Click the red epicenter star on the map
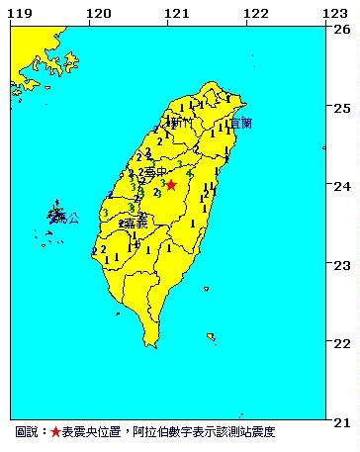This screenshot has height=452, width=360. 170,185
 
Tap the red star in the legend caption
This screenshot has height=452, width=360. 55,433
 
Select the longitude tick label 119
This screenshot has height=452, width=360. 19,13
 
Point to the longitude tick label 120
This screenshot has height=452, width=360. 98,13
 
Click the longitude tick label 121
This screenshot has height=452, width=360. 177,13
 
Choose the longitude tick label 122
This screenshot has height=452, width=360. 255,13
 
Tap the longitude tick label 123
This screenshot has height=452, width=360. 334,13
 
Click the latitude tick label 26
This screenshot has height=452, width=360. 342,29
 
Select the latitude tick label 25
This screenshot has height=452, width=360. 342,107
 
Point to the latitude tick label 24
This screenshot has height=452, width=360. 342,186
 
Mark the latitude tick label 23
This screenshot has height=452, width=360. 342,265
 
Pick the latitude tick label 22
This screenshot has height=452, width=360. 342,343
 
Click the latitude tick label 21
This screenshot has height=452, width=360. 342,421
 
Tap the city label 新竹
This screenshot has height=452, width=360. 180,124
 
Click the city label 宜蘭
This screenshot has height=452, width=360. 239,124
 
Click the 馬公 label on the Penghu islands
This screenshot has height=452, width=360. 66,218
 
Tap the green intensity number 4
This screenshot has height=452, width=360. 189,173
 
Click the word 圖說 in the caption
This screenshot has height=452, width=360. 28,433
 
